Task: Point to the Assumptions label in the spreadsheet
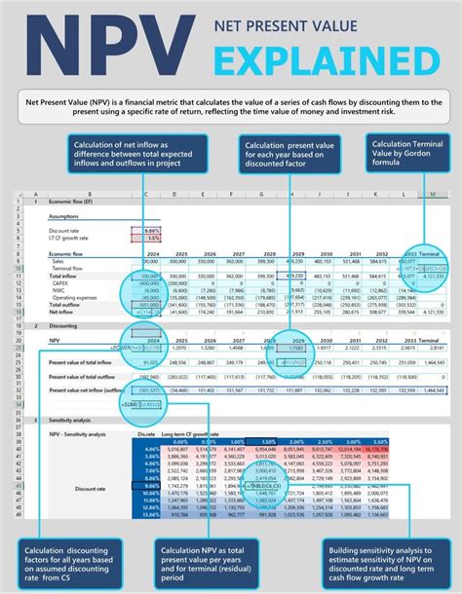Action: click(x=65, y=219)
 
